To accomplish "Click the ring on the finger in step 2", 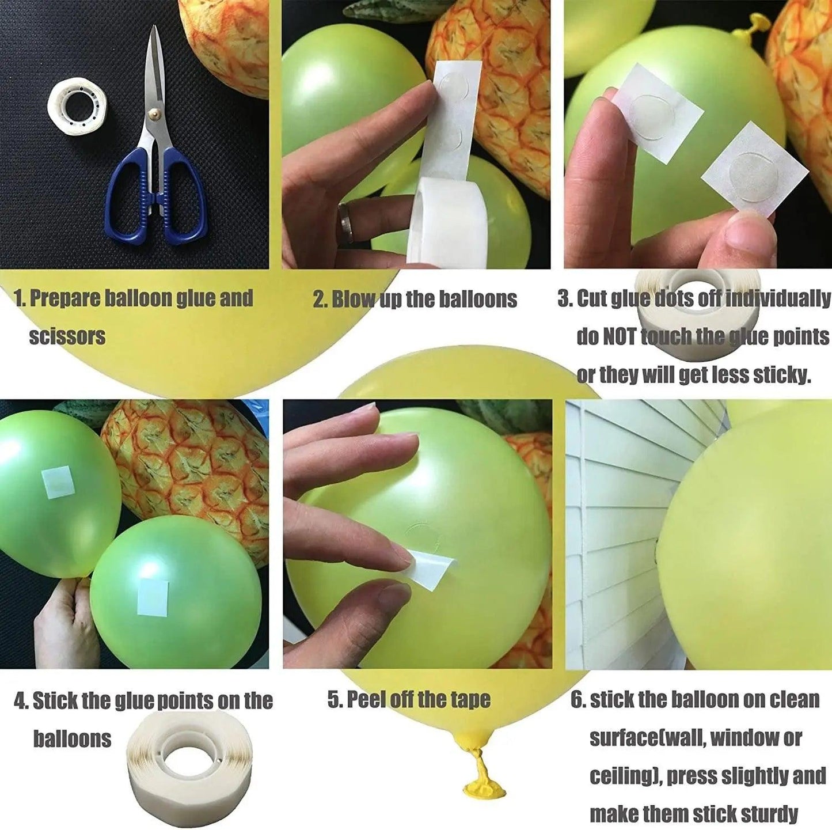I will click(345, 215).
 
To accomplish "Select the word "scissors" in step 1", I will click(67, 336).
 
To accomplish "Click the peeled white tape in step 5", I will click(432, 567).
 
